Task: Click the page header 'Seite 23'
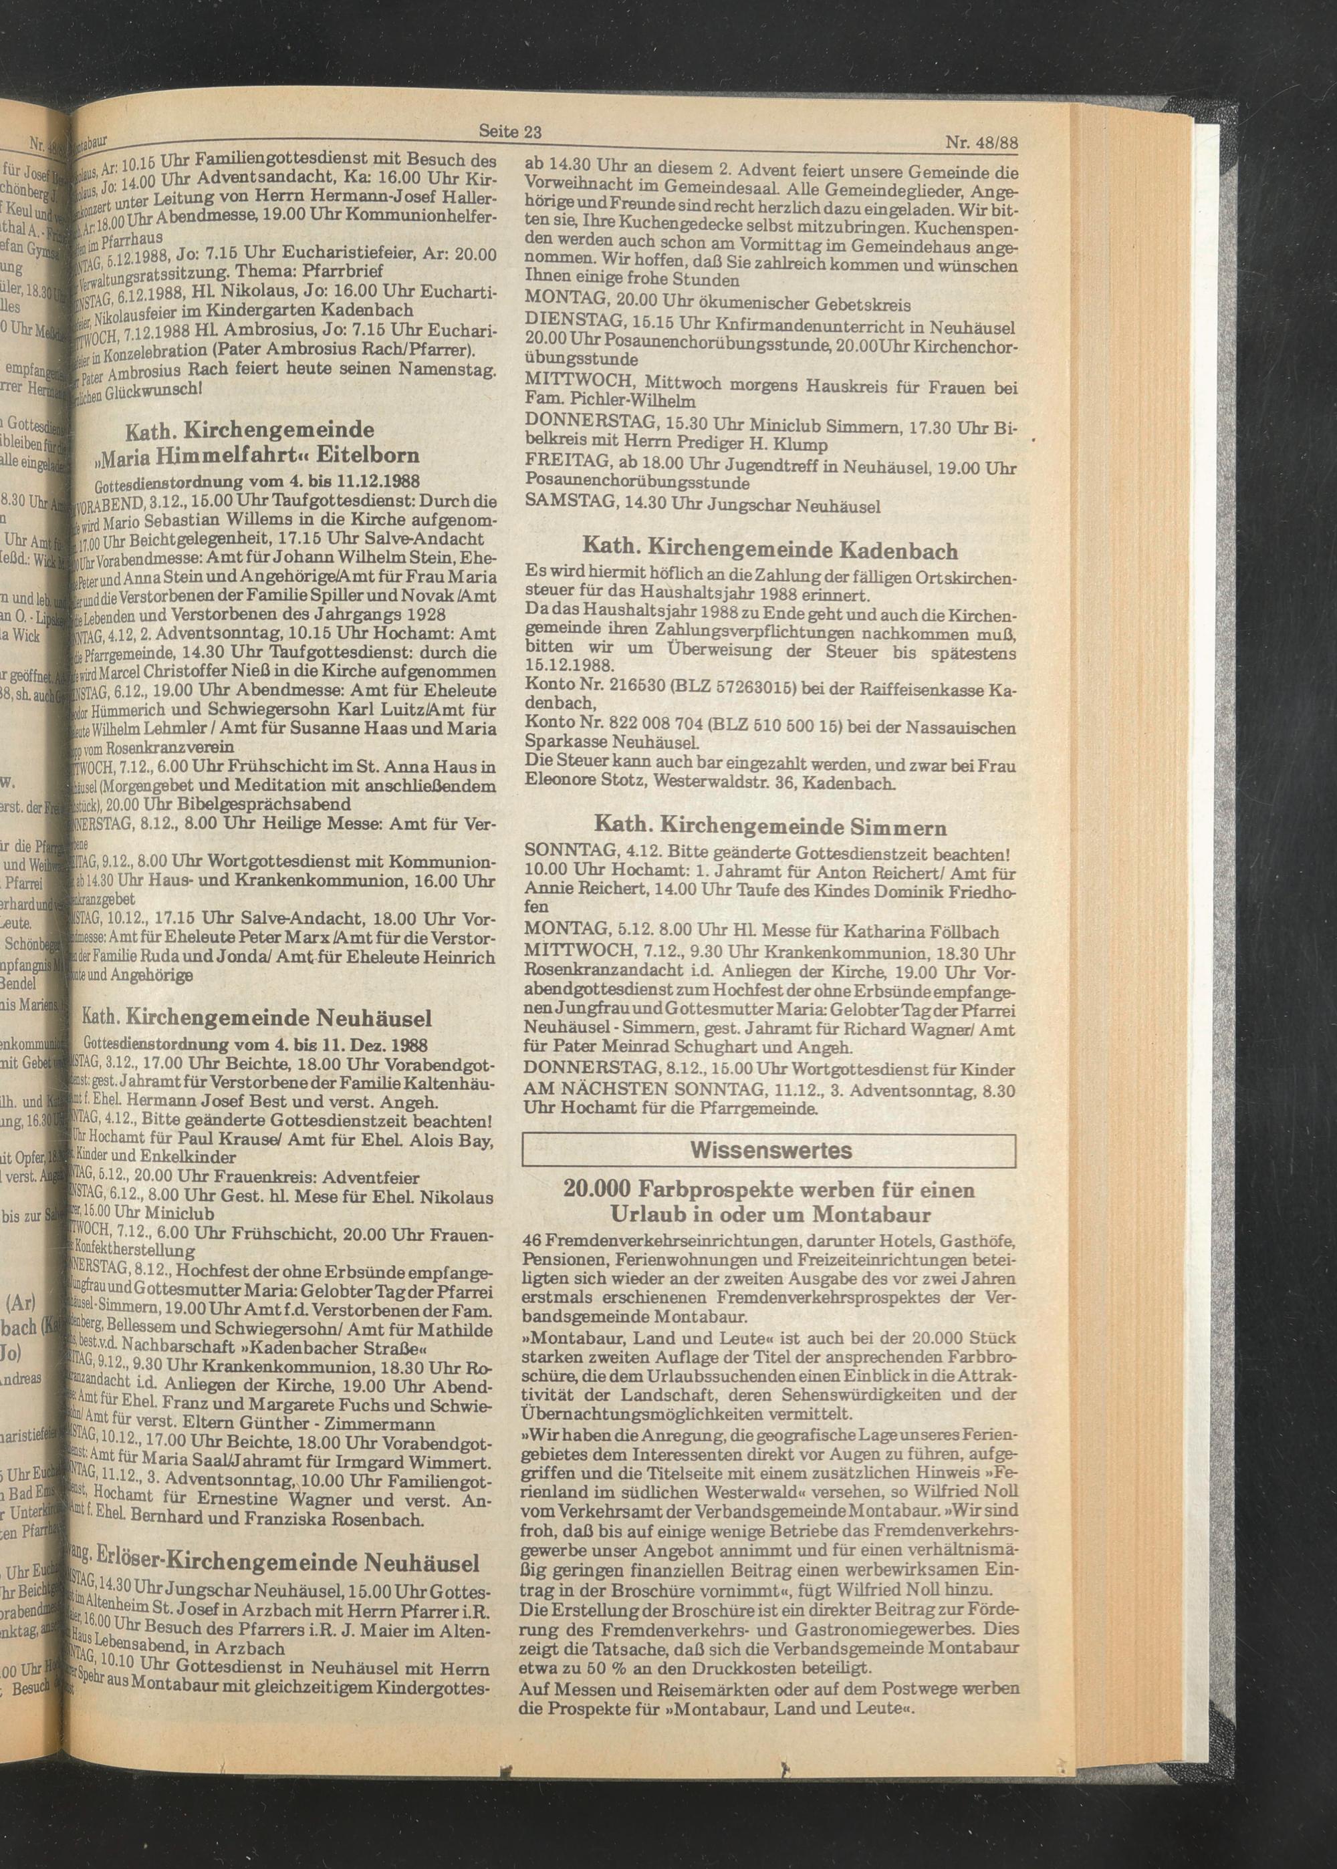(509, 131)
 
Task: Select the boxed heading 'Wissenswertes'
(769, 1150)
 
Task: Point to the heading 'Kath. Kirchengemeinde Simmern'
(769, 827)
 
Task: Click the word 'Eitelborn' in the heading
(374, 455)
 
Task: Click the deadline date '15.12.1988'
(569, 668)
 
